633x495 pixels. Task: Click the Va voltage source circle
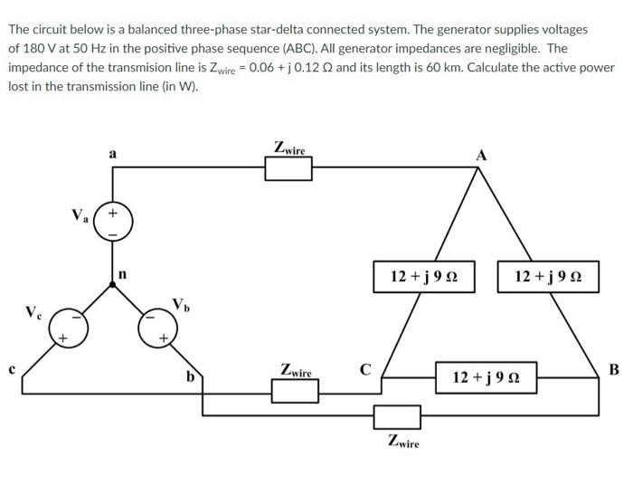coord(112,223)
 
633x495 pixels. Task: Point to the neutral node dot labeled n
coord(112,284)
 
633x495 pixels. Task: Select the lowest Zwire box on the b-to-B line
coord(398,416)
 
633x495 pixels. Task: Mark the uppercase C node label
coord(365,368)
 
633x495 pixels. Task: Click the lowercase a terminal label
coord(112,153)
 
